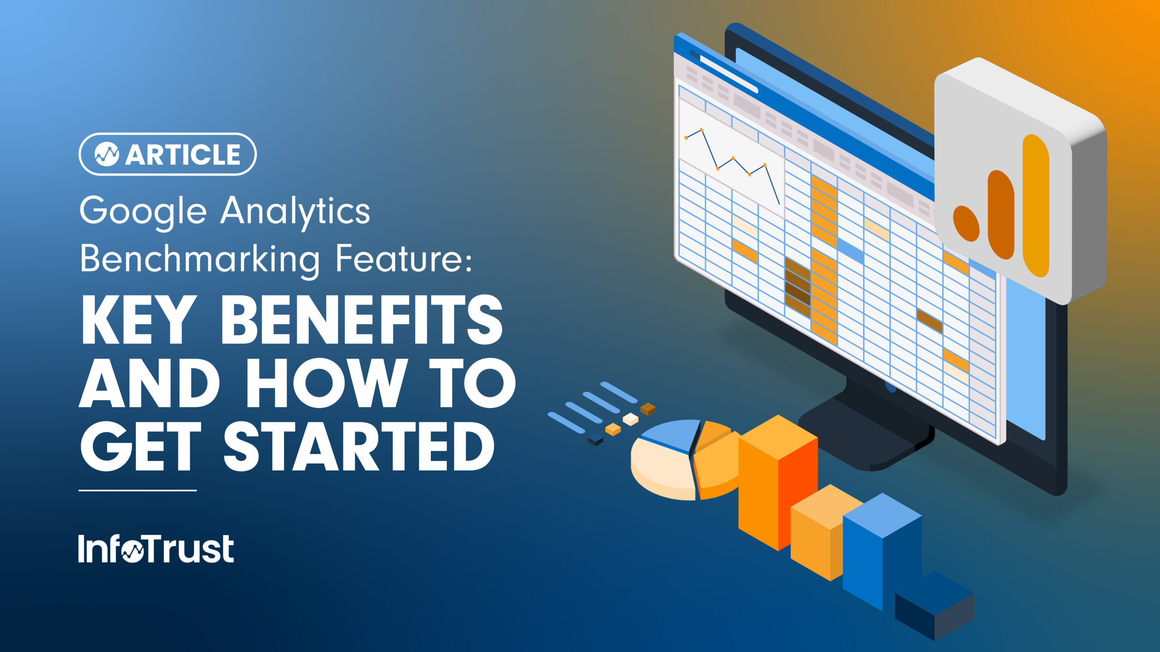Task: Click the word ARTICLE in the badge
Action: tap(183, 155)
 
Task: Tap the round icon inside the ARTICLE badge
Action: tap(107, 154)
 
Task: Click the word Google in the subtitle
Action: tap(143, 211)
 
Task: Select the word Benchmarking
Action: tap(199, 259)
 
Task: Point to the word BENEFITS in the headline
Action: tap(361, 320)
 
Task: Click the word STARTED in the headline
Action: tap(359, 446)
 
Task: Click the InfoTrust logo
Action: tap(156, 548)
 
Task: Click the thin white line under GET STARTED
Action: tap(137, 490)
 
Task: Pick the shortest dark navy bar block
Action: tap(934, 604)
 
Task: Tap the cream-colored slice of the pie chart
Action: tap(662, 473)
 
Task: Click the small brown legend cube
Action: tap(648, 408)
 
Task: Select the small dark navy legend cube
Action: tap(595, 439)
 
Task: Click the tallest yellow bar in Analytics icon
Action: tap(1036, 206)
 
